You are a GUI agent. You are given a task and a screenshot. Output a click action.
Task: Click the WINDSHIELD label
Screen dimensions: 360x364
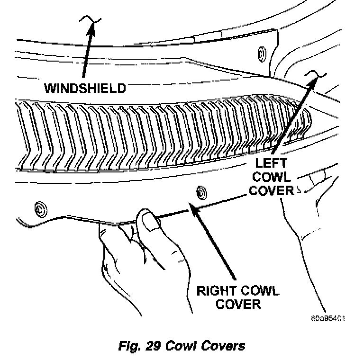85,88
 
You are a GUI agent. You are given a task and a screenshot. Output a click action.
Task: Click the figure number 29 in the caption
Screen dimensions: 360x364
151,345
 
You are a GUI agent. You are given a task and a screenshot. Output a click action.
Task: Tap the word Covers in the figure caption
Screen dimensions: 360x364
223,345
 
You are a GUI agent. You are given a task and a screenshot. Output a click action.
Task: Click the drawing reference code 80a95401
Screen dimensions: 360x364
328,318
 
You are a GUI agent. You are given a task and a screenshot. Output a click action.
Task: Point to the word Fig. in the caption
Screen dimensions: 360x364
128,345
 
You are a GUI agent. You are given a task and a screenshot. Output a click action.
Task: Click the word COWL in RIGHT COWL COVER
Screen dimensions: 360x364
256,290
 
